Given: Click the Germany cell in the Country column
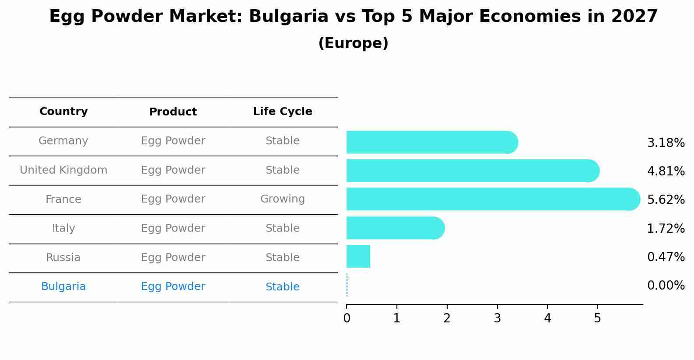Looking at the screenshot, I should click(63, 141).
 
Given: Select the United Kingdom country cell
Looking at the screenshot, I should click(63, 170).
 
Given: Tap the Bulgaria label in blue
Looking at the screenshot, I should click(63, 287).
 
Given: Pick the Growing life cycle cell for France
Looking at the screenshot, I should click(283, 199).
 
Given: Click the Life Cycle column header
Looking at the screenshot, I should click(283, 112).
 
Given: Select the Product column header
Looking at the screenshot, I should click(173, 112).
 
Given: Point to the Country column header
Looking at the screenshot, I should click(63, 112).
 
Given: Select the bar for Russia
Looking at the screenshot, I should click(358, 256).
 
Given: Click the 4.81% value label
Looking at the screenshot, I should click(666, 171).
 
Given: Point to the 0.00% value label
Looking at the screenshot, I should click(666, 286).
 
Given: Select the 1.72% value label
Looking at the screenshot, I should click(666, 228).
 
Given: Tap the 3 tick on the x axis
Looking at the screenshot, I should click(497, 318).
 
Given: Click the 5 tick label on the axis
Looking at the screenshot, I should click(597, 318).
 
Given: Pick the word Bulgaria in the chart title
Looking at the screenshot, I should click(288, 17).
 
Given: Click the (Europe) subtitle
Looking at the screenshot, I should click(353, 43).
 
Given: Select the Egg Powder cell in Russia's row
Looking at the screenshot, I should click(173, 258).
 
